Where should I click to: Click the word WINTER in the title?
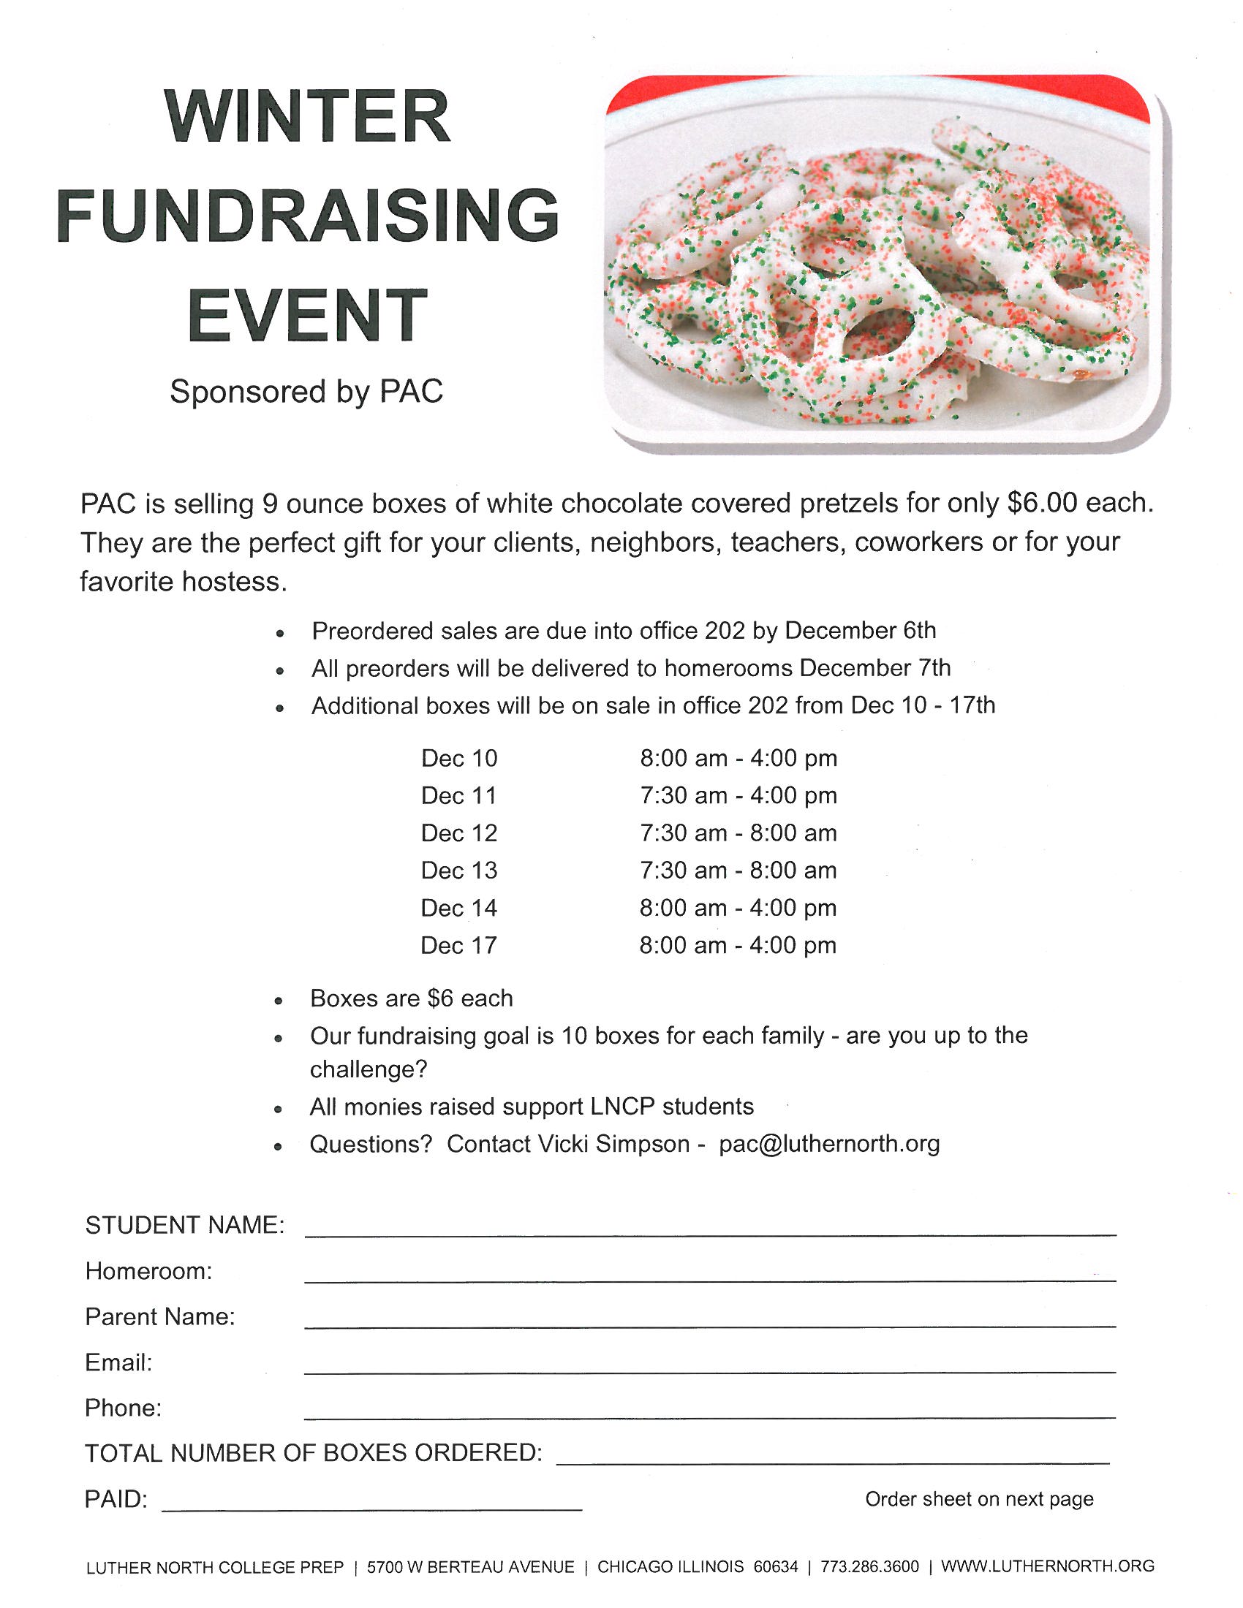[307, 116]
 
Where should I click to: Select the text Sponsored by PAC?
[306, 391]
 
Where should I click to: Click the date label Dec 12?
[458, 833]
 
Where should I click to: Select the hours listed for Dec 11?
[738, 795]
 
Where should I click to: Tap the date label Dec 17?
[458, 945]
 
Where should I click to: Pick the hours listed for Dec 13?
[738, 871]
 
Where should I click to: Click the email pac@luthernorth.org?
[829, 1144]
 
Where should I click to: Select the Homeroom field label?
[148, 1272]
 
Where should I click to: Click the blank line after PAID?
[372, 1508]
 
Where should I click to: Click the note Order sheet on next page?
[978, 1499]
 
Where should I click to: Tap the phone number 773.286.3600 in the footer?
[869, 1567]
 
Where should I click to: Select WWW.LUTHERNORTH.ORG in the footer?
[1047, 1567]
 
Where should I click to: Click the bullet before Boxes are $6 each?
[279, 1001]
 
